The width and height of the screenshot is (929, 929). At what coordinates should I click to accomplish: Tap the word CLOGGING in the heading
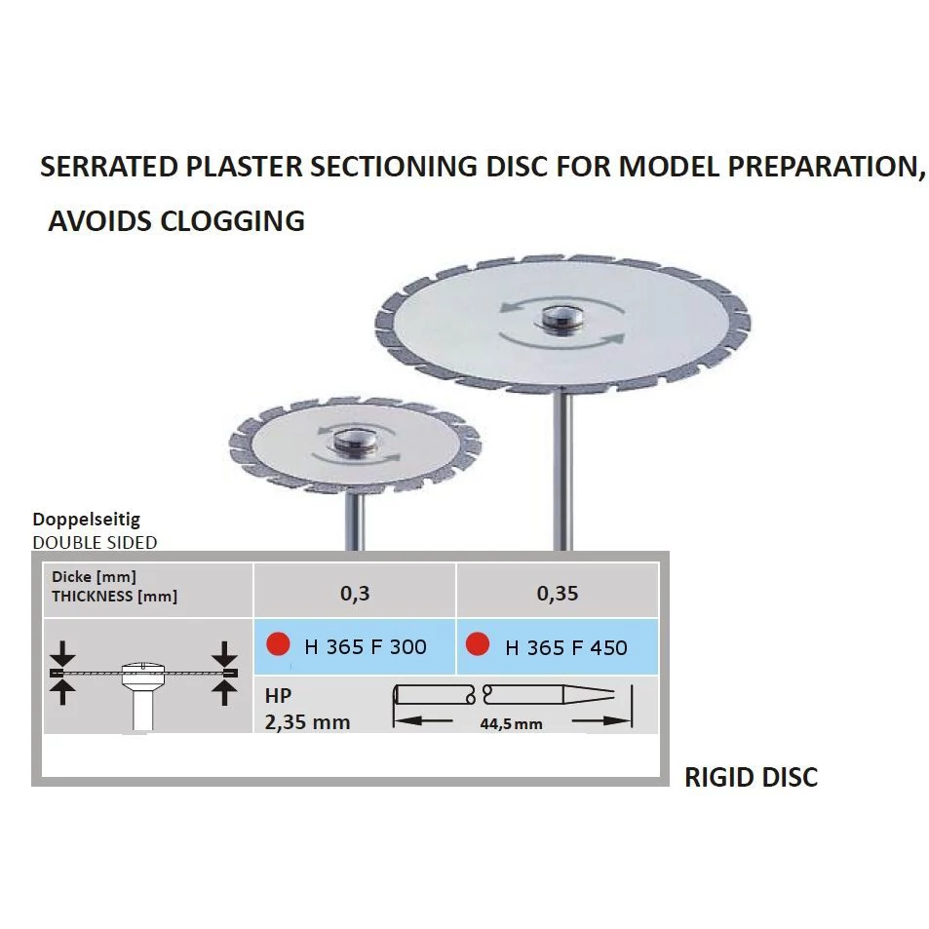(232, 221)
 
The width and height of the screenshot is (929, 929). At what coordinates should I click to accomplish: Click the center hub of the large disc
(561, 317)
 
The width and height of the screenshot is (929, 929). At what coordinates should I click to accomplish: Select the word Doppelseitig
(86, 521)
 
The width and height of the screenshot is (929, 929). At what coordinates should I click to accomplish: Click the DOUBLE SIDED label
(95, 542)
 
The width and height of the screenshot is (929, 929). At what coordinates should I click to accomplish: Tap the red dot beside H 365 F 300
(279, 645)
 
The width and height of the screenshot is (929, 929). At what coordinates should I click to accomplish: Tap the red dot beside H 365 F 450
(478, 645)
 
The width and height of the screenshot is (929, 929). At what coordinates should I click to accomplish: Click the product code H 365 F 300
(366, 647)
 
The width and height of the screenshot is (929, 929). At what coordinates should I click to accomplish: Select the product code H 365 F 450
(566, 647)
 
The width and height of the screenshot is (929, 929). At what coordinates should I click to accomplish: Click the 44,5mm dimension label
(511, 723)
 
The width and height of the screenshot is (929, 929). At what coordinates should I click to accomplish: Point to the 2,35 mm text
(307, 722)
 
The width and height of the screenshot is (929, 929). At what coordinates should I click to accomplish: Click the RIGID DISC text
(751, 777)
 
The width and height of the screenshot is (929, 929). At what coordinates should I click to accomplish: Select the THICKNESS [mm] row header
(115, 597)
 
